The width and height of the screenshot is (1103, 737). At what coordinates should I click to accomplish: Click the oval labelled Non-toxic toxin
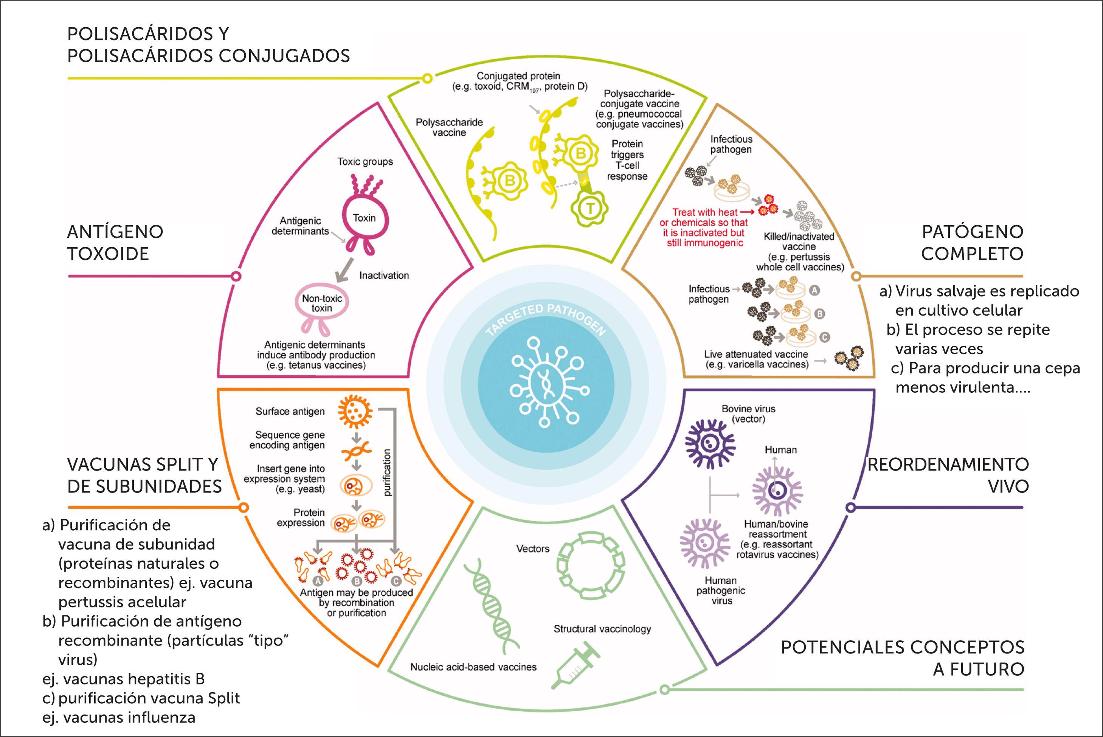pyautogui.click(x=322, y=303)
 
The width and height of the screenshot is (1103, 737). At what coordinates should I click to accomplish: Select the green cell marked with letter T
pyautogui.click(x=590, y=209)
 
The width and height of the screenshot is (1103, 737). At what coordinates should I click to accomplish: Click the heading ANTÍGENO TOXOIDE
pyautogui.click(x=115, y=243)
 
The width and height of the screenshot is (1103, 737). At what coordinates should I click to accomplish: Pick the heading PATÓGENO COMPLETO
pyautogui.click(x=972, y=243)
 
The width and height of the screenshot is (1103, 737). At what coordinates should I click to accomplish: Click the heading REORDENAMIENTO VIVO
pyautogui.click(x=948, y=475)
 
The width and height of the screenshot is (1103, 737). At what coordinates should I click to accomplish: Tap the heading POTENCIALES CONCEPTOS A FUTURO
pyautogui.click(x=903, y=658)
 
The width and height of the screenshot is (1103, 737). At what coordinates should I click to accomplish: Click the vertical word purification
pyautogui.click(x=387, y=473)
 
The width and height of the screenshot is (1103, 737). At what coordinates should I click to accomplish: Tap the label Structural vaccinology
pyautogui.click(x=602, y=629)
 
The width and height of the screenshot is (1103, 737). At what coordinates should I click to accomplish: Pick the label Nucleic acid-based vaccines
pyautogui.click(x=473, y=667)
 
